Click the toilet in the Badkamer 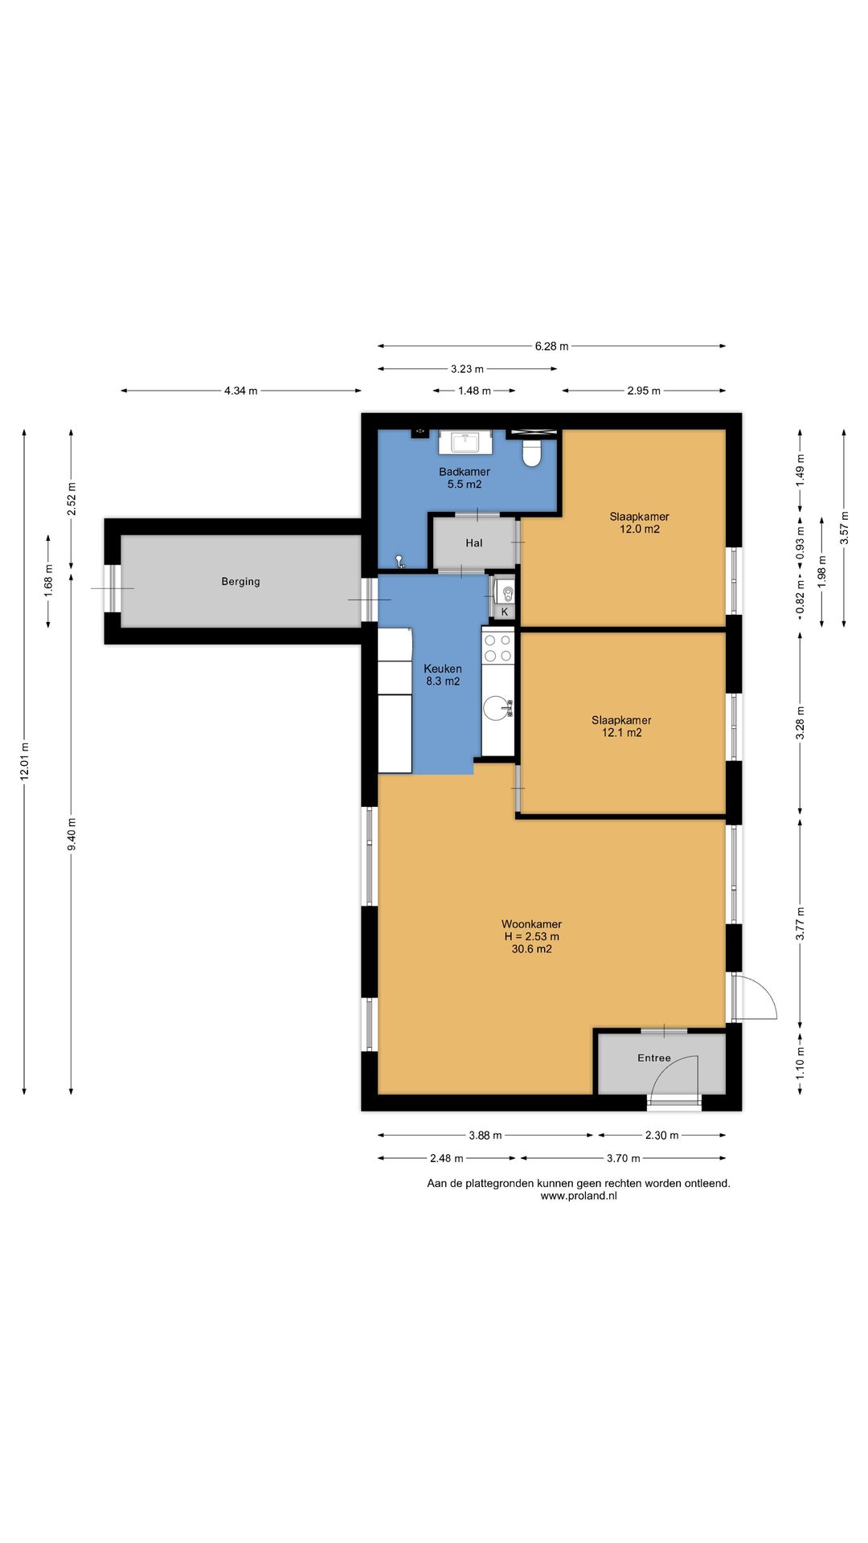pyautogui.click(x=532, y=452)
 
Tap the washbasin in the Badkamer pyautogui.click(x=465, y=442)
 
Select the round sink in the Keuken pyautogui.click(x=497, y=708)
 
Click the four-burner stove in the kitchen pyautogui.click(x=497, y=648)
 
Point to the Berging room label pyautogui.click(x=241, y=582)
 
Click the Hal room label pyautogui.click(x=474, y=543)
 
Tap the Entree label pyautogui.click(x=654, y=1058)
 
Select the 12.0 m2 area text pyautogui.click(x=640, y=530)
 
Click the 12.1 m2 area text pyautogui.click(x=622, y=733)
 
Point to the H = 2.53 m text pyautogui.click(x=532, y=937)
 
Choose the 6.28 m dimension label pyautogui.click(x=551, y=346)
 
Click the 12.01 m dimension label pyautogui.click(x=25, y=761)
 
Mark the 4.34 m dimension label pyautogui.click(x=241, y=391)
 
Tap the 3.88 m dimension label pyautogui.click(x=485, y=1136)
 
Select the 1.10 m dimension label pyautogui.click(x=800, y=1062)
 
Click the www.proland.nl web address pyautogui.click(x=579, y=1196)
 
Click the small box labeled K pyautogui.click(x=505, y=612)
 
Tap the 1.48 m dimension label pyautogui.click(x=474, y=391)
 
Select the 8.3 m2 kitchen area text pyautogui.click(x=443, y=681)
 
